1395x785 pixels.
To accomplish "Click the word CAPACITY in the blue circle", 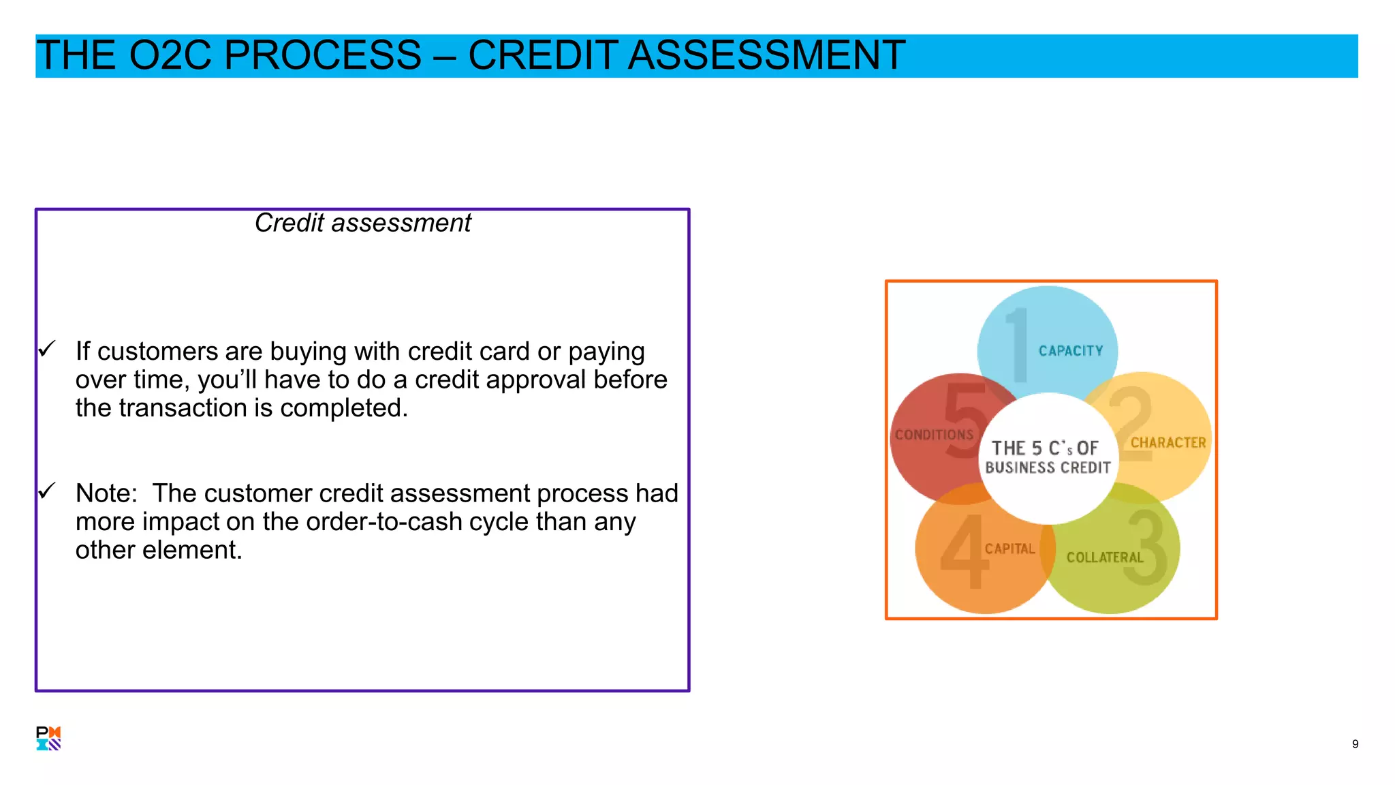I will coord(1070,351).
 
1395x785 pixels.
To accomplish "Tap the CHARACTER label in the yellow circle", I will coord(1168,443).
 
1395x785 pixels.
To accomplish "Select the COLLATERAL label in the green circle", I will coord(1105,557).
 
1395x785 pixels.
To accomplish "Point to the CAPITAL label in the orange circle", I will coord(1009,549).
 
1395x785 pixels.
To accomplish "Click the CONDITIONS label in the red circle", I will coord(934,435).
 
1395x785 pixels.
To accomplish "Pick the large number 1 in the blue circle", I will coord(1018,345).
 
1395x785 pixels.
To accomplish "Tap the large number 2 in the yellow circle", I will coord(1131,422).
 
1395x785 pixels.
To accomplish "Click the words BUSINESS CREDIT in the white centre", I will coord(1048,468).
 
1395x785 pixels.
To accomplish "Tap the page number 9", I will coord(1355,744).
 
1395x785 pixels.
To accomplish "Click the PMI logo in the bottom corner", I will coord(48,738).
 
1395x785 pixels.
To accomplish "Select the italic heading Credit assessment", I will coord(362,223).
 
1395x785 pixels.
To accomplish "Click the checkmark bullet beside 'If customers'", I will coord(47,349).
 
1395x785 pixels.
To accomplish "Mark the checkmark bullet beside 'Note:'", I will coord(47,491).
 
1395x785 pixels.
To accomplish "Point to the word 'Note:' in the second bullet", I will coord(106,493).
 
